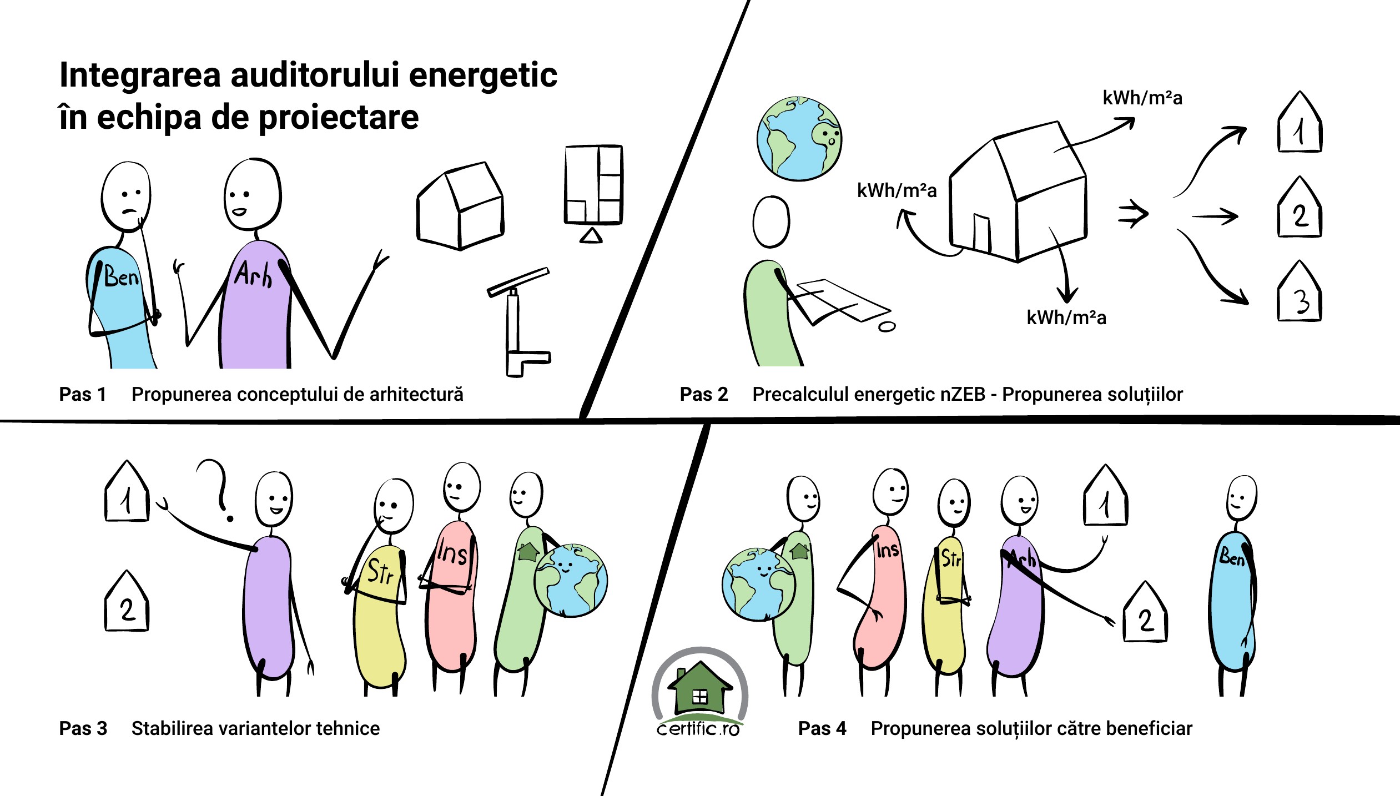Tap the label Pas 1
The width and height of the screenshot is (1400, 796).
point(82,394)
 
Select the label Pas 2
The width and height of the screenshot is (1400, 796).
point(703,394)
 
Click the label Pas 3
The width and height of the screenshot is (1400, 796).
point(83,728)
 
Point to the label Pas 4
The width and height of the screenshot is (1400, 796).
point(822,728)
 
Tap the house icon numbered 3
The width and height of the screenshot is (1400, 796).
point(1300,291)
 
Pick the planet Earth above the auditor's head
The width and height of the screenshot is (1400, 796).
point(799,138)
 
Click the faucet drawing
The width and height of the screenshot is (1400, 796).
point(519,322)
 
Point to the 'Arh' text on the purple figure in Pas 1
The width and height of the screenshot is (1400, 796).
point(254,274)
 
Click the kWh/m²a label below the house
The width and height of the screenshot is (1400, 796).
point(1066,318)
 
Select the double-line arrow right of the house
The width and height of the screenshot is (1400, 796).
point(1133,214)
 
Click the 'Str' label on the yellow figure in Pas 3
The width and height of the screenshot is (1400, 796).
point(381,572)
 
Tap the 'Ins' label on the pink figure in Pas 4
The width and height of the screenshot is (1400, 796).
point(888,550)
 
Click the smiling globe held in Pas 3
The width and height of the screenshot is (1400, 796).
point(571,581)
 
